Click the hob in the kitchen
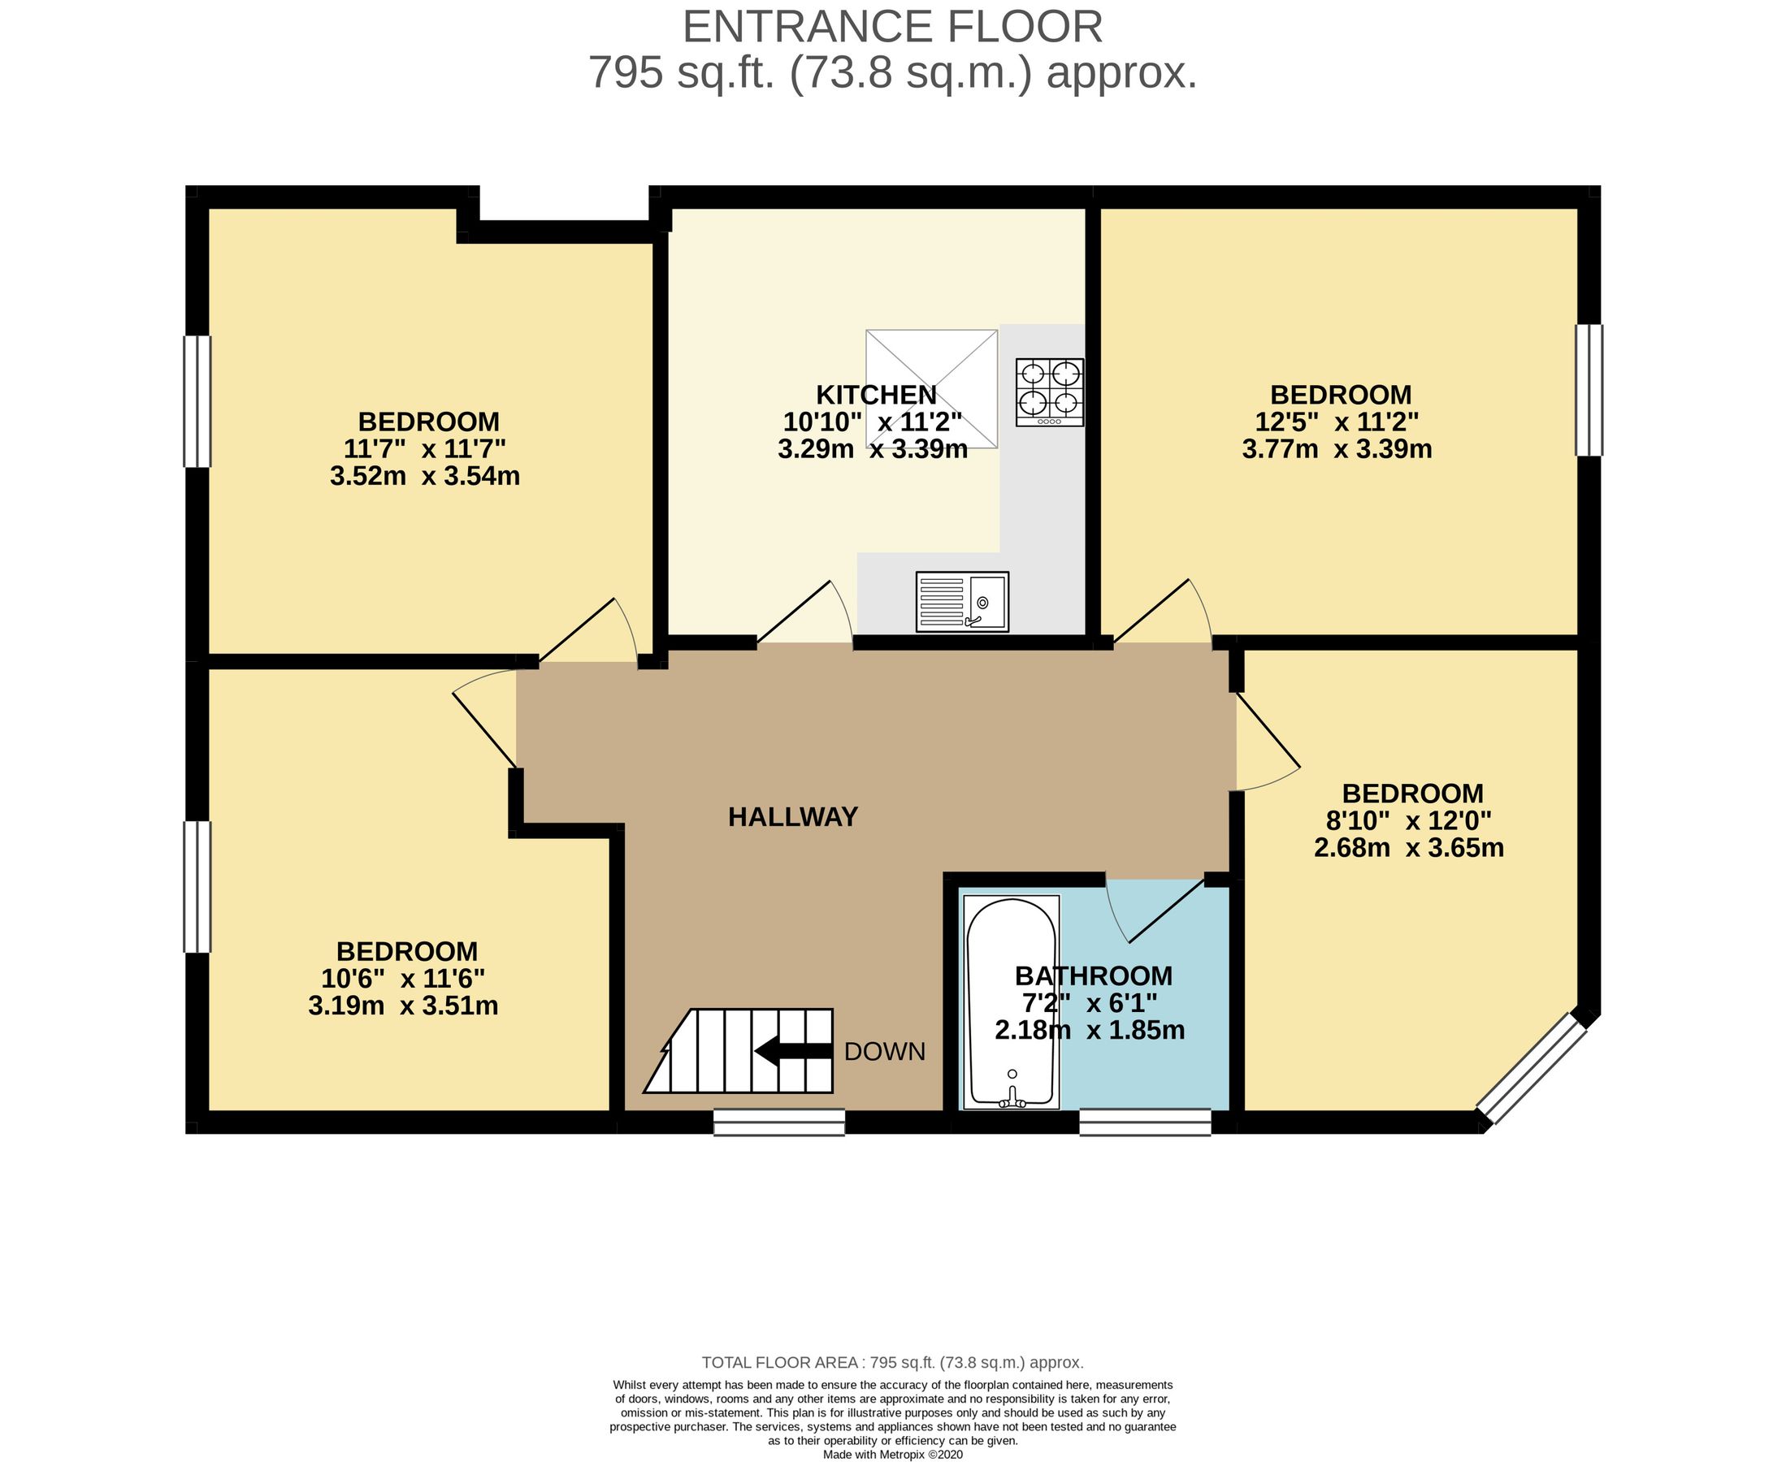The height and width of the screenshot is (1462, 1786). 1049,391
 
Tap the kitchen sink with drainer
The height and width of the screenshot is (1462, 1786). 962,601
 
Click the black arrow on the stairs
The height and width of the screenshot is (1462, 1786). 792,1051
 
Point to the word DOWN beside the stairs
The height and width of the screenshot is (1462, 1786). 885,1052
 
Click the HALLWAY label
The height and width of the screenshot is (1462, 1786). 793,817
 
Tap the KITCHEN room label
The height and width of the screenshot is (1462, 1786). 876,395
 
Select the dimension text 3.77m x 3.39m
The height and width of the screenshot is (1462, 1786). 1337,450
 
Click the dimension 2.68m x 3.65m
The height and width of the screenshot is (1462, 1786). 1409,848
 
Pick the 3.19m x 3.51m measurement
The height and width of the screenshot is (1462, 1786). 403,1006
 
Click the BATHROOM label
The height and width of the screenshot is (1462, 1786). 1094,976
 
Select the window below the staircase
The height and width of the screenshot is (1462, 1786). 778,1122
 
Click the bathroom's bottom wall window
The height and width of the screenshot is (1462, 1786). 1145,1122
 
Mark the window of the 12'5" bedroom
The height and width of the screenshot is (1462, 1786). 1589,390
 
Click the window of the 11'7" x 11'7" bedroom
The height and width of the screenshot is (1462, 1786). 197,401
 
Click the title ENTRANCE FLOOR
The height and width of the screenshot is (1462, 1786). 892,27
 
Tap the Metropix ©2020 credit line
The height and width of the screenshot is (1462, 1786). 892,1455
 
